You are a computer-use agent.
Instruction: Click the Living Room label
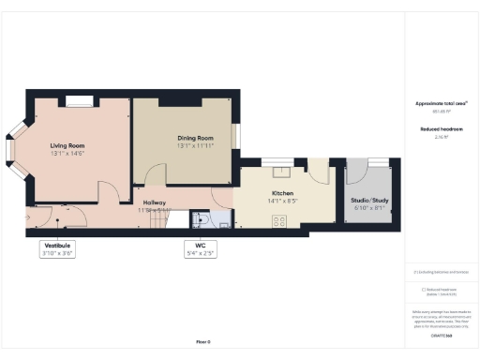pyautogui.click(x=68, y=145)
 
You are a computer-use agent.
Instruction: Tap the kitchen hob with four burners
pyautogui.click(x=278, y=221)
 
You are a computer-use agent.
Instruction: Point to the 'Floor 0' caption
pyautogui.click(x=202, y=342)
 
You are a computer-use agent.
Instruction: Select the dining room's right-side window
pyautogui.click(x=236, y=137)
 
